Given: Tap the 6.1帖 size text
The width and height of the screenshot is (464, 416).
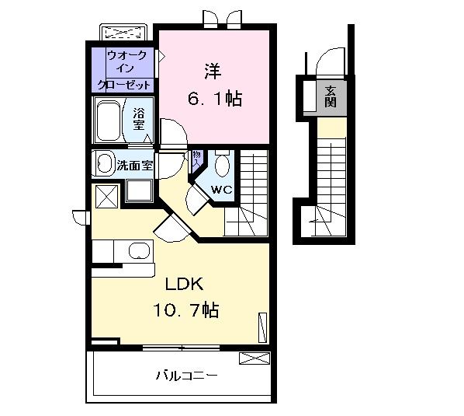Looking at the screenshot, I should pyautogui.click(x=213, y=99).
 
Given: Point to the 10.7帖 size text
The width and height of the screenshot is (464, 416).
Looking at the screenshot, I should pyautogui.click(x=186, y=311).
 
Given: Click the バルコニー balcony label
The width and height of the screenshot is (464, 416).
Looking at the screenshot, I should pyautogui.click(x=186, y=376).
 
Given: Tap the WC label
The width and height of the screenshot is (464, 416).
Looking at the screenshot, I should pyautogui.click(x=220, y=189).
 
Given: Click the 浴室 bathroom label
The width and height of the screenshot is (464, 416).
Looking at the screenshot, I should pyautogui.click(x=140, y=117).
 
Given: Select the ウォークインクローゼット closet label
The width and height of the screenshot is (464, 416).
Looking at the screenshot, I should pyautogui.click(x=123, y=70).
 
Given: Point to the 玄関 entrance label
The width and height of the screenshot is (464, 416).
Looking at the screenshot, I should pyautogui.click(x=331, y=96).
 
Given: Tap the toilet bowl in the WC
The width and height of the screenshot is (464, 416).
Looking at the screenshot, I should pyautogui.click(x=223, y=166).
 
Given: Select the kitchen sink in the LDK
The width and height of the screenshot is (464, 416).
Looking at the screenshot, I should pyautogui.click(x=139, y=251).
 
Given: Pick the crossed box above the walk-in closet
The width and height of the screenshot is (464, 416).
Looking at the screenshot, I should pyautogui.click(x=125, y=33).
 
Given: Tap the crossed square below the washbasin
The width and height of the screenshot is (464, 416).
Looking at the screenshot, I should pyautogui.click(x=106, y=195).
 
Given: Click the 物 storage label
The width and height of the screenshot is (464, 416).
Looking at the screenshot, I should pyautogui.click(x=196, y=157).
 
